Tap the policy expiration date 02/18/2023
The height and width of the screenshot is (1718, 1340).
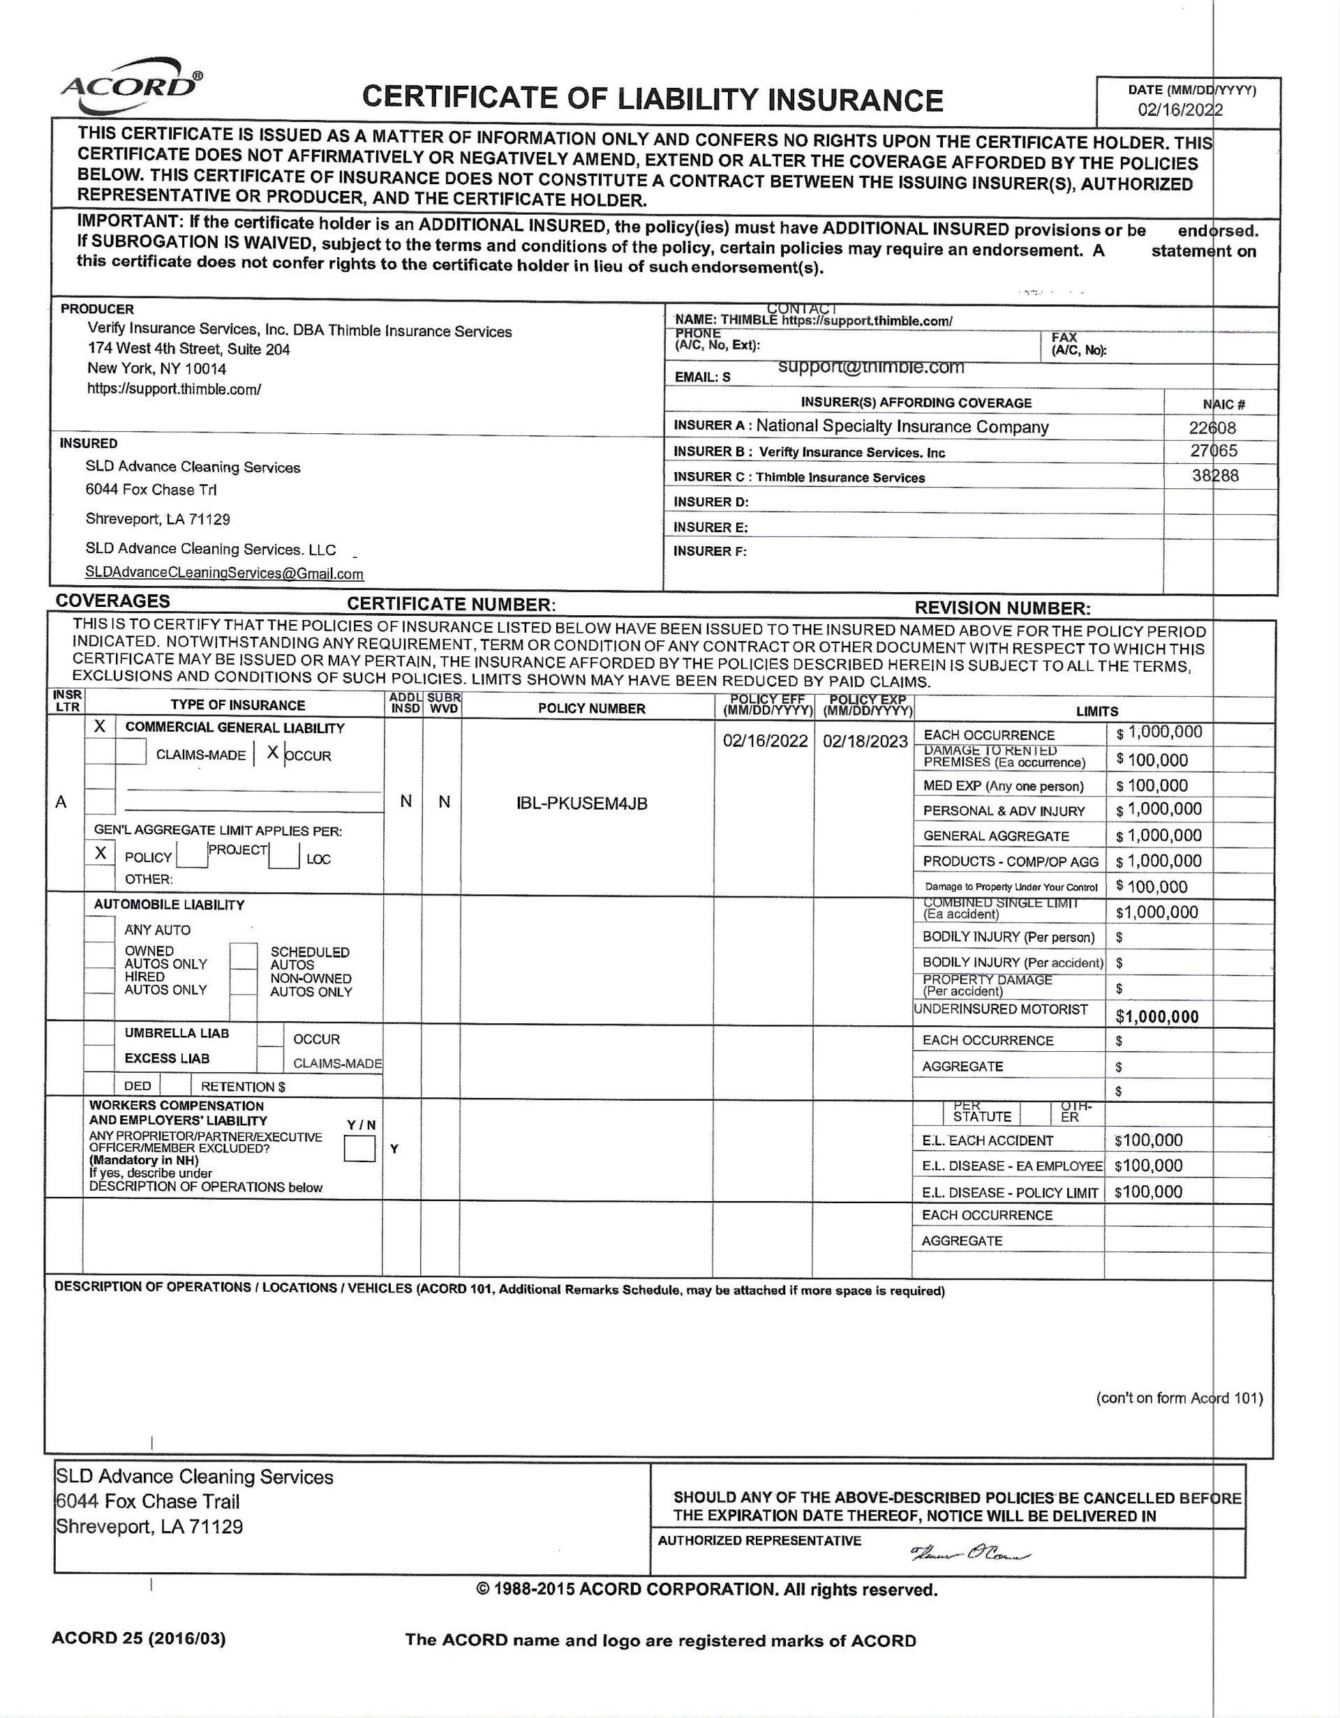coord(865,741)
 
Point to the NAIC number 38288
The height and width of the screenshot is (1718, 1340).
coord(1214,475)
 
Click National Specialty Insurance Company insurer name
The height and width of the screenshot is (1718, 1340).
coord(902,426)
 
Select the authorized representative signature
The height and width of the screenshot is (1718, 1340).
coord(970,1554)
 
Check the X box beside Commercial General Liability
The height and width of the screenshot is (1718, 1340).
coord(100,727)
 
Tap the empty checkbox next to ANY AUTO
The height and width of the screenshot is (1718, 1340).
coord(100,929)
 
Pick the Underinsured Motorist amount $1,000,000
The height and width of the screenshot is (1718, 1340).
coord(1156,1016)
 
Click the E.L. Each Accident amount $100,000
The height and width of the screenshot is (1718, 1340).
coord(1148,1140)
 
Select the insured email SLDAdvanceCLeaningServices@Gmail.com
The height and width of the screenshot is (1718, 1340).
coord(224,573)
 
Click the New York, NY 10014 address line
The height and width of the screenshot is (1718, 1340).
coord(156,368)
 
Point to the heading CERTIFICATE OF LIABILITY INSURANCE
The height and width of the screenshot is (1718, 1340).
coord(652,99)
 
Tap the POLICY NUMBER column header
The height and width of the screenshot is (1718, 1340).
coord(591,708)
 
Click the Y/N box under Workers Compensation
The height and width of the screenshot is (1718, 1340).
coord(359,1150)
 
